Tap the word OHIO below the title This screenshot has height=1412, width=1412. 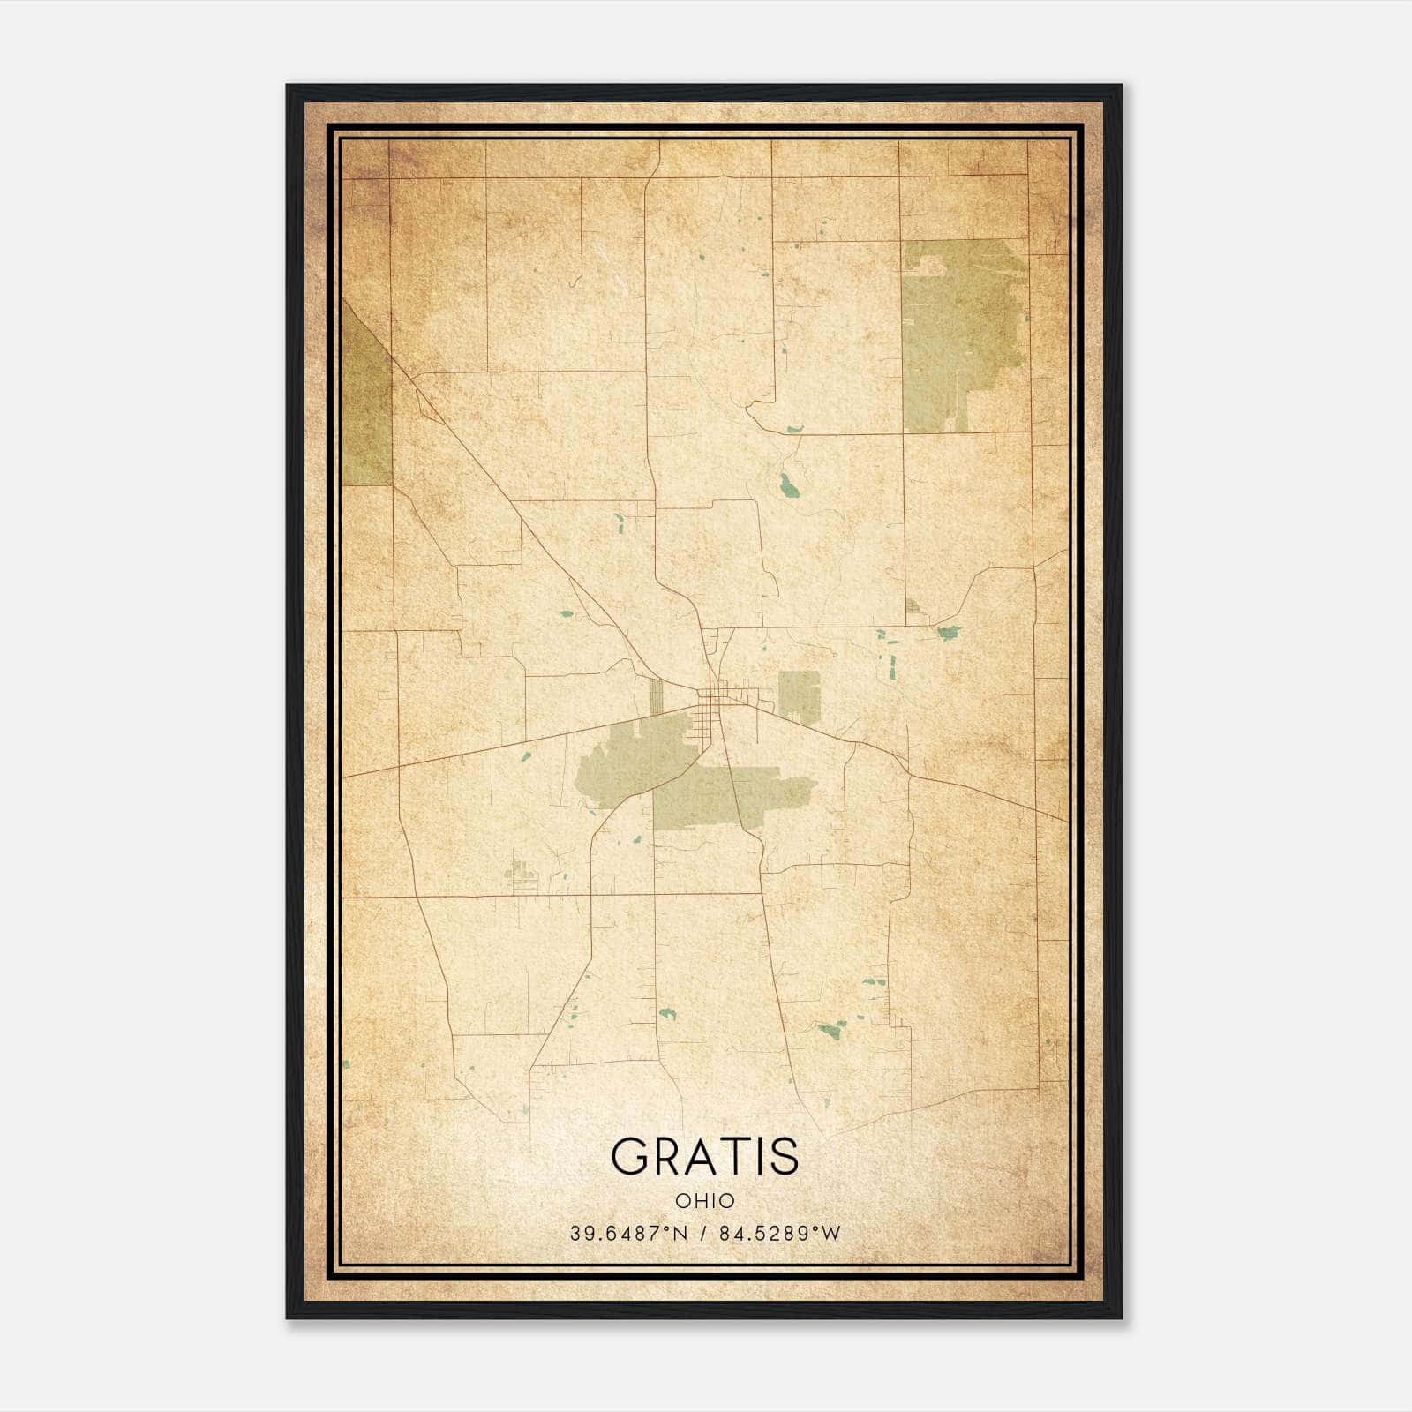[704, 1201]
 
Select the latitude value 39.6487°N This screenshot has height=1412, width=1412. [627, 1234]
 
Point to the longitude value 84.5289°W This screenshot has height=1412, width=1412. [780, 1234]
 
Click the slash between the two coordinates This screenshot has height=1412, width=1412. [703, 1234]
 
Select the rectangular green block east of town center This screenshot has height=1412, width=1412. [799, 695]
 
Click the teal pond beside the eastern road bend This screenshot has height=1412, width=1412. [949, 632]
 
